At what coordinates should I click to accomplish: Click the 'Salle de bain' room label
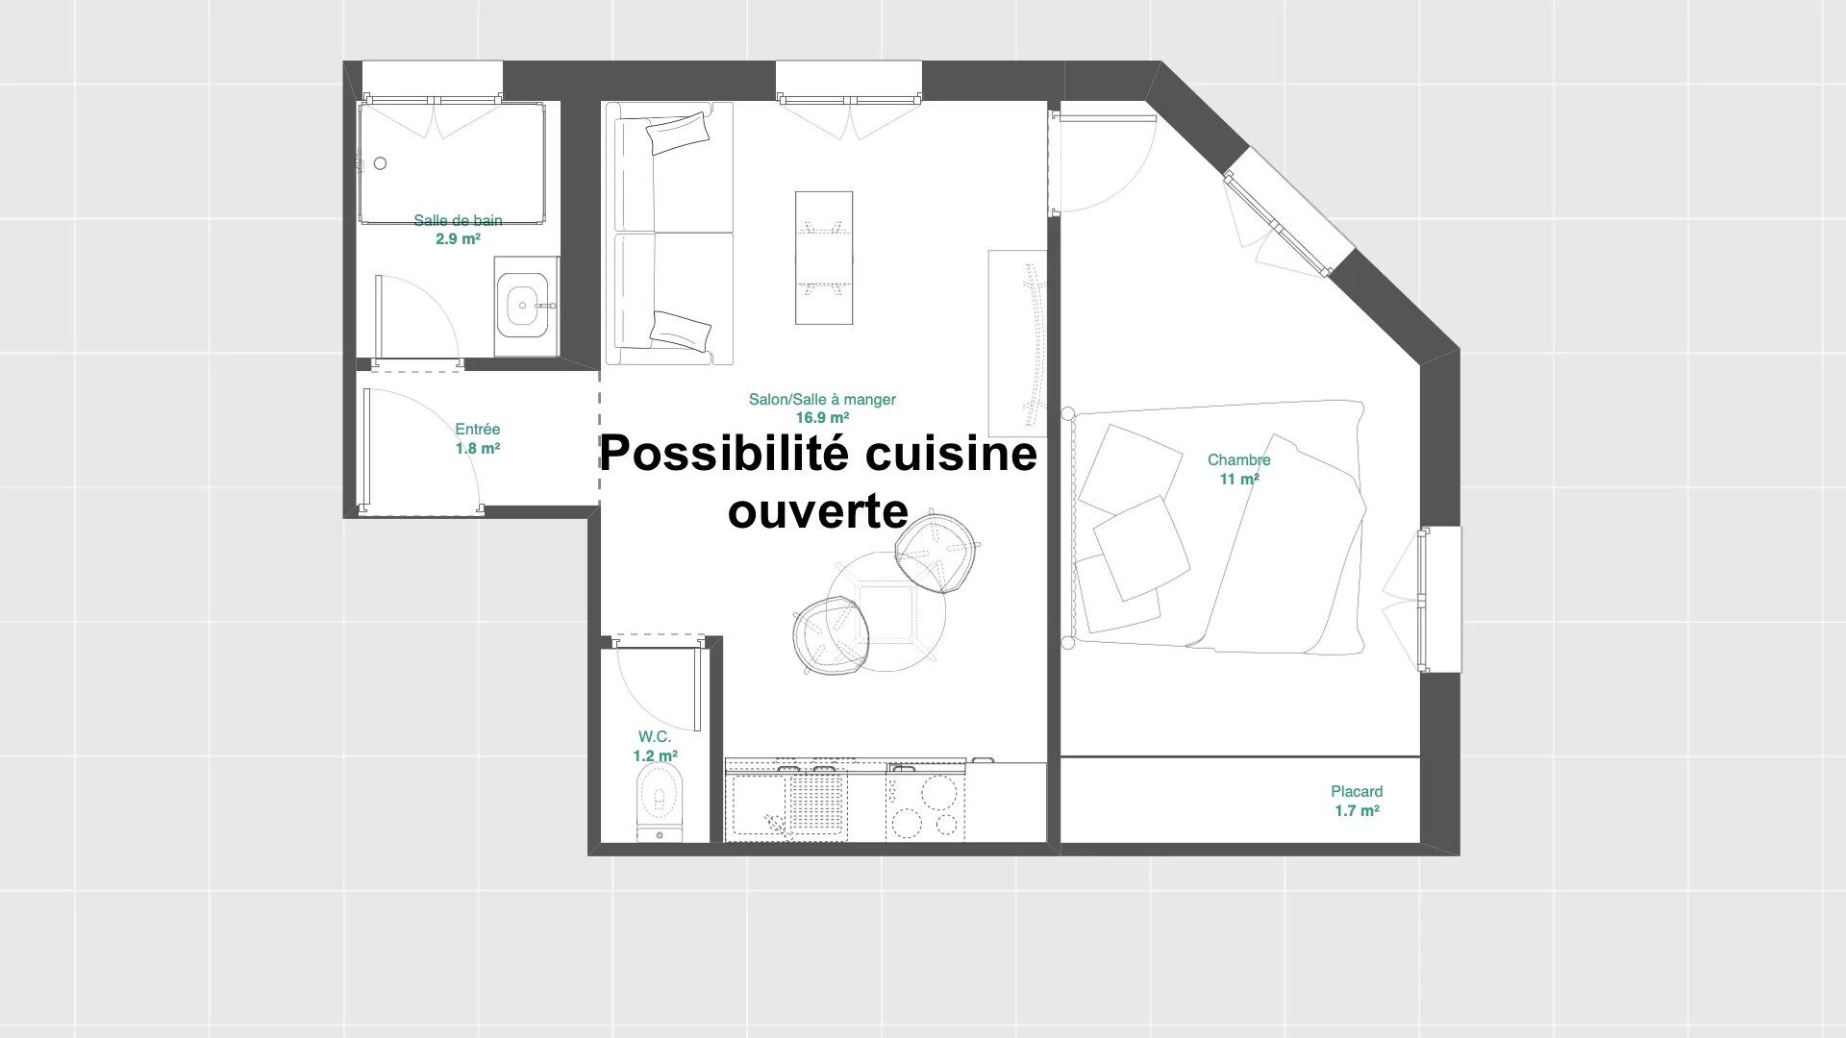pos(458,220)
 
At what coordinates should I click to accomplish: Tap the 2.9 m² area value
pos(458,238)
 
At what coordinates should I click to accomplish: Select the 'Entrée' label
pos(478,430)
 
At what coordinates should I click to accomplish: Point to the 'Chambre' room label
pos(1239,460)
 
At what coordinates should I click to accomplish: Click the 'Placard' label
pos(1357,792)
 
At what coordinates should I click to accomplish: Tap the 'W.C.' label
pos(655,737)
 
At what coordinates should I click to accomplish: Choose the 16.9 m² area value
pos(822,418)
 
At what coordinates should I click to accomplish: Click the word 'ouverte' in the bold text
pos(818,510)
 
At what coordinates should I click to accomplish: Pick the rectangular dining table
pos(824,258)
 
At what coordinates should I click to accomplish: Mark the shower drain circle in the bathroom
pos(381,163)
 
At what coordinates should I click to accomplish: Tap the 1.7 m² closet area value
pos(1357,811)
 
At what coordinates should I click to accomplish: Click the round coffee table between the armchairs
pos(886,610)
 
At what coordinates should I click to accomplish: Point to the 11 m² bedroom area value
pos(1239,479)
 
